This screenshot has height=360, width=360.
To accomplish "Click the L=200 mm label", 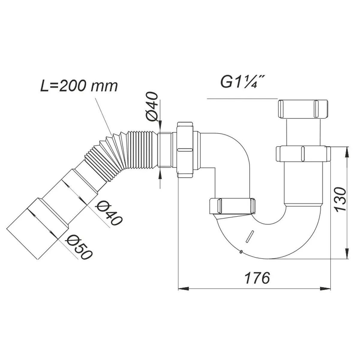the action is tap(79, 86).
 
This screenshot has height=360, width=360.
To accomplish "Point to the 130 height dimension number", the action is tap(340, 199).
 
